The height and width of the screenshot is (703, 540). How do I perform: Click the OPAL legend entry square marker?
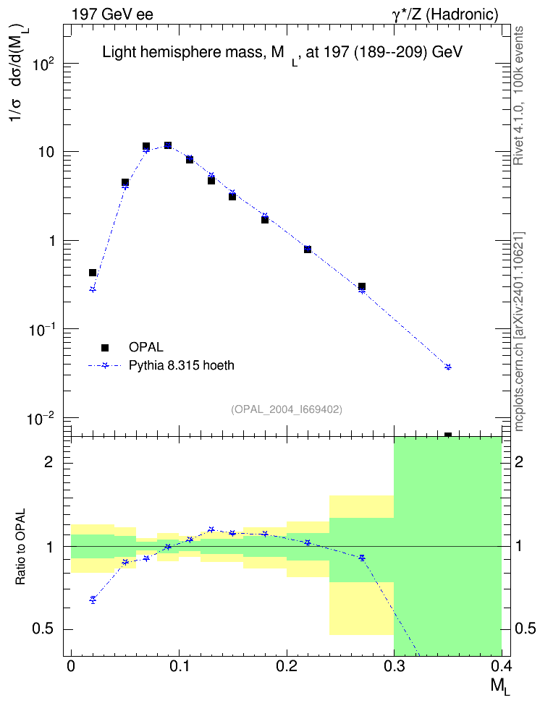point(105,347)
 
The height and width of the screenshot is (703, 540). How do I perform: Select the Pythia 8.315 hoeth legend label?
point(182,365)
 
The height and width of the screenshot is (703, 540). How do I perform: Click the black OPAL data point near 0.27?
point(362,286)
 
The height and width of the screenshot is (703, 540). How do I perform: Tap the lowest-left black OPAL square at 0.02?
point(93,273)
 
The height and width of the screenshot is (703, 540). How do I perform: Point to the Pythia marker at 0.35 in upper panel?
point(448,367)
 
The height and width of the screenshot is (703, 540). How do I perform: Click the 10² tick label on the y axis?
point(43,64)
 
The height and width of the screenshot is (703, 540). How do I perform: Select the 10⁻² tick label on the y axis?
point(41,419)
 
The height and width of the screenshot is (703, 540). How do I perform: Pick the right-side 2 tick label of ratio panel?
point(519,462)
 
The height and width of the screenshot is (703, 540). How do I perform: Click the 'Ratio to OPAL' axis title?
point(20,547)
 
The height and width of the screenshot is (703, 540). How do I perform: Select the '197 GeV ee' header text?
point(112,14)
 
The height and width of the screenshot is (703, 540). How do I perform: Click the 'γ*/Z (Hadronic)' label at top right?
point(445,14)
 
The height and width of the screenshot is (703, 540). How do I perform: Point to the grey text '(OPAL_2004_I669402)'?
point(287,409)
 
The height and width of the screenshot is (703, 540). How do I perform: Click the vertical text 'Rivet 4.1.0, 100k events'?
point(518,95)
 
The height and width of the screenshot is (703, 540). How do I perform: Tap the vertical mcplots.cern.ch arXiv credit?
point(518,331)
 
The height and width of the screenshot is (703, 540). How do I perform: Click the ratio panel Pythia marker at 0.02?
point(93,600)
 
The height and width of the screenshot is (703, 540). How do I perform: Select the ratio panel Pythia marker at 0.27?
point(362,558)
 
